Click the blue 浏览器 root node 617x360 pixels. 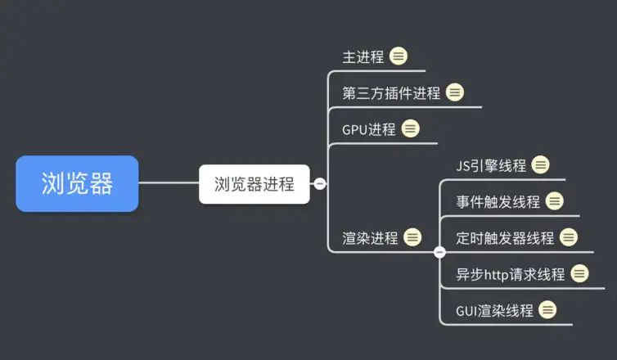pyautogui.click(x=77, y=184)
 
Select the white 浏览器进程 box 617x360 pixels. pyautogui.click(x=254, y=184)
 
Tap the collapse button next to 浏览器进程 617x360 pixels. pyautogui.click(x=320, y=184)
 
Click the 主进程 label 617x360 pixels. pyautogui.click(x=363, y=57)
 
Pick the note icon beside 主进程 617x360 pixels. pyautogui.click(x=399, y=56)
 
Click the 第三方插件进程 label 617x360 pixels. pyautogui.click(x=391, y=93)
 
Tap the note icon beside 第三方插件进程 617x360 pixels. pyautogui.click(x=455, y=92)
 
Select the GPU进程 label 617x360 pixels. pyautogui.click(x=368, y=129)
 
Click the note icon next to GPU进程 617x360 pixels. pyautogui.click(x=411, y=128)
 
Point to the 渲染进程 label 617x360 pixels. pyautogui.click(x=370, y=238)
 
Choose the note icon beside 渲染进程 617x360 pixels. pyautogui.click(x=413, y=237)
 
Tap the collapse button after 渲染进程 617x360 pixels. pyautogui.click(x=439, y=252)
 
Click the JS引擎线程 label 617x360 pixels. pyautogui.click(x=491, y=165)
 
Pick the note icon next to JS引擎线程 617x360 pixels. pyautogui.click(x=541, y=164)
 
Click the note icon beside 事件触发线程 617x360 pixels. pyautogui.click(x=555, y=201)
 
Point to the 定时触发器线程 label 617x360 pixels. pyautogui.click(x=505, y=238)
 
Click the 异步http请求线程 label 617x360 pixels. pyautogui.click(x=510, y=274)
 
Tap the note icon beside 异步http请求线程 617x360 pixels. pyautogui.click(x=580, y=273)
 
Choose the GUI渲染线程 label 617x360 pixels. pyautogui.click(x=494, y=311)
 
